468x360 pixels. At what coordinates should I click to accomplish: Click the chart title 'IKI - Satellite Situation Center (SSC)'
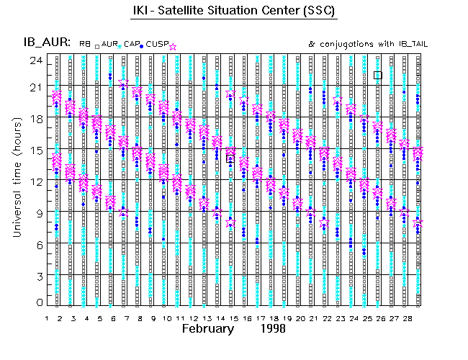[234, 12]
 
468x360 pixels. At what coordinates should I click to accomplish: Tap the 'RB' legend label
[85, 45]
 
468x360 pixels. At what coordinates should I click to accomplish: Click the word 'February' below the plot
[207, 328]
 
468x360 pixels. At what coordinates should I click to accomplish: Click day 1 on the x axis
[47, 318]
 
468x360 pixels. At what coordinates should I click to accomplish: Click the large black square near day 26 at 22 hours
[378, 75]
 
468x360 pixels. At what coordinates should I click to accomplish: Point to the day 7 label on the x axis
[126, 318]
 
